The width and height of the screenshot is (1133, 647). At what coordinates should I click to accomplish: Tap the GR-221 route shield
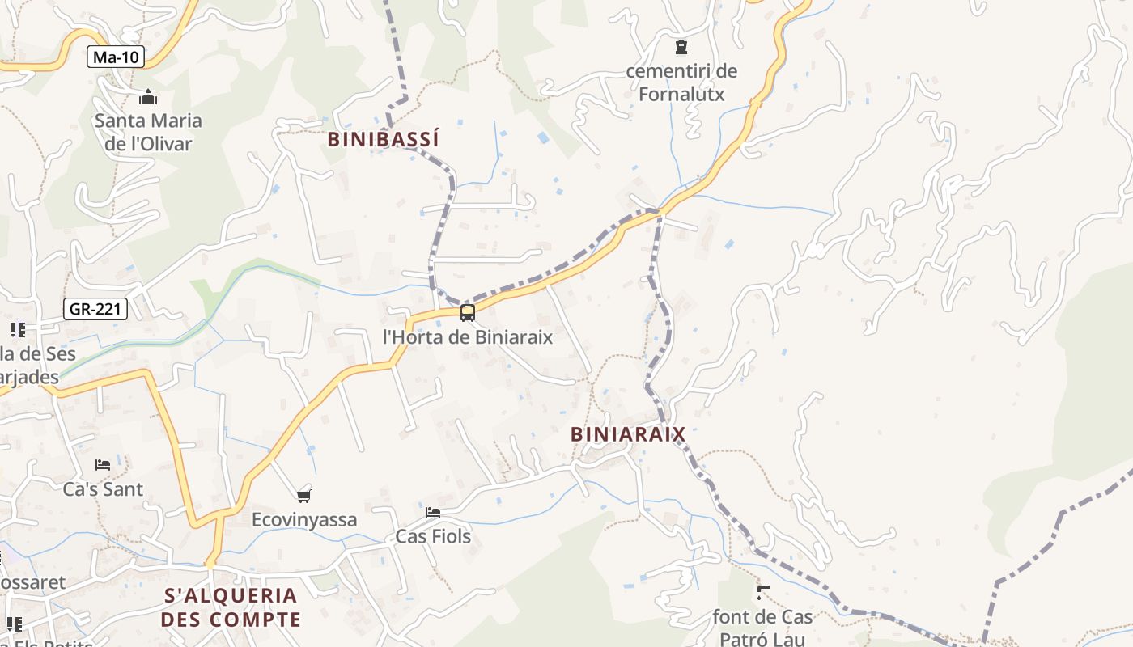pos(95,308)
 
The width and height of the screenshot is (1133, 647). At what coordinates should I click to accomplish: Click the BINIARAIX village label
pos(628,434)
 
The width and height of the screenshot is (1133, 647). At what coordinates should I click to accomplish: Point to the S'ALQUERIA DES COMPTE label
pos(231,608)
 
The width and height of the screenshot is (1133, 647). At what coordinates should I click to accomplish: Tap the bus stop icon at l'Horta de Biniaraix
pos(467,313)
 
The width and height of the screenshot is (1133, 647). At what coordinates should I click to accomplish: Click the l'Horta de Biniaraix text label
pos(467,336)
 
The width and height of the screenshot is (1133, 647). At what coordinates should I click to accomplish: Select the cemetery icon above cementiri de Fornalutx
pos(681,47)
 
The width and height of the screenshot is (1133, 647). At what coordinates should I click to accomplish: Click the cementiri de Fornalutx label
pos(681,82)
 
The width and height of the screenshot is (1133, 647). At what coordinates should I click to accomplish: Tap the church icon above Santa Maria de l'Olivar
pos(148,98)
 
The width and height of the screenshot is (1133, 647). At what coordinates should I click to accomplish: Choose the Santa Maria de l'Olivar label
pos(148,133)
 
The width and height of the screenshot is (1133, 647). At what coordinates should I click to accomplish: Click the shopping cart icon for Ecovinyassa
pos(304,496)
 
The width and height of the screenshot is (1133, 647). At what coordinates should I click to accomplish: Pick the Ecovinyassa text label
pos(304,520)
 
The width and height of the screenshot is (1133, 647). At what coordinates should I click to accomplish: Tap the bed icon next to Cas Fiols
pos(433,513)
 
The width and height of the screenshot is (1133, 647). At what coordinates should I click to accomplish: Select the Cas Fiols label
pos(433,536)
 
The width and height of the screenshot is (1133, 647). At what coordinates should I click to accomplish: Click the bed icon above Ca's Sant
pos(103,465)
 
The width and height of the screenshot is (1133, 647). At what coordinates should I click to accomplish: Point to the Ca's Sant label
pos(103,489)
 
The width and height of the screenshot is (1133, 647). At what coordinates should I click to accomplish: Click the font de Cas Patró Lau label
pos(762,627)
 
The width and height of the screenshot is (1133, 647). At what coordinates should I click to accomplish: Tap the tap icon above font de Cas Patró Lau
pos(762,593)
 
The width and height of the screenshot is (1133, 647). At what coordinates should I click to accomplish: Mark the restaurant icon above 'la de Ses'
pos(17,330)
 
